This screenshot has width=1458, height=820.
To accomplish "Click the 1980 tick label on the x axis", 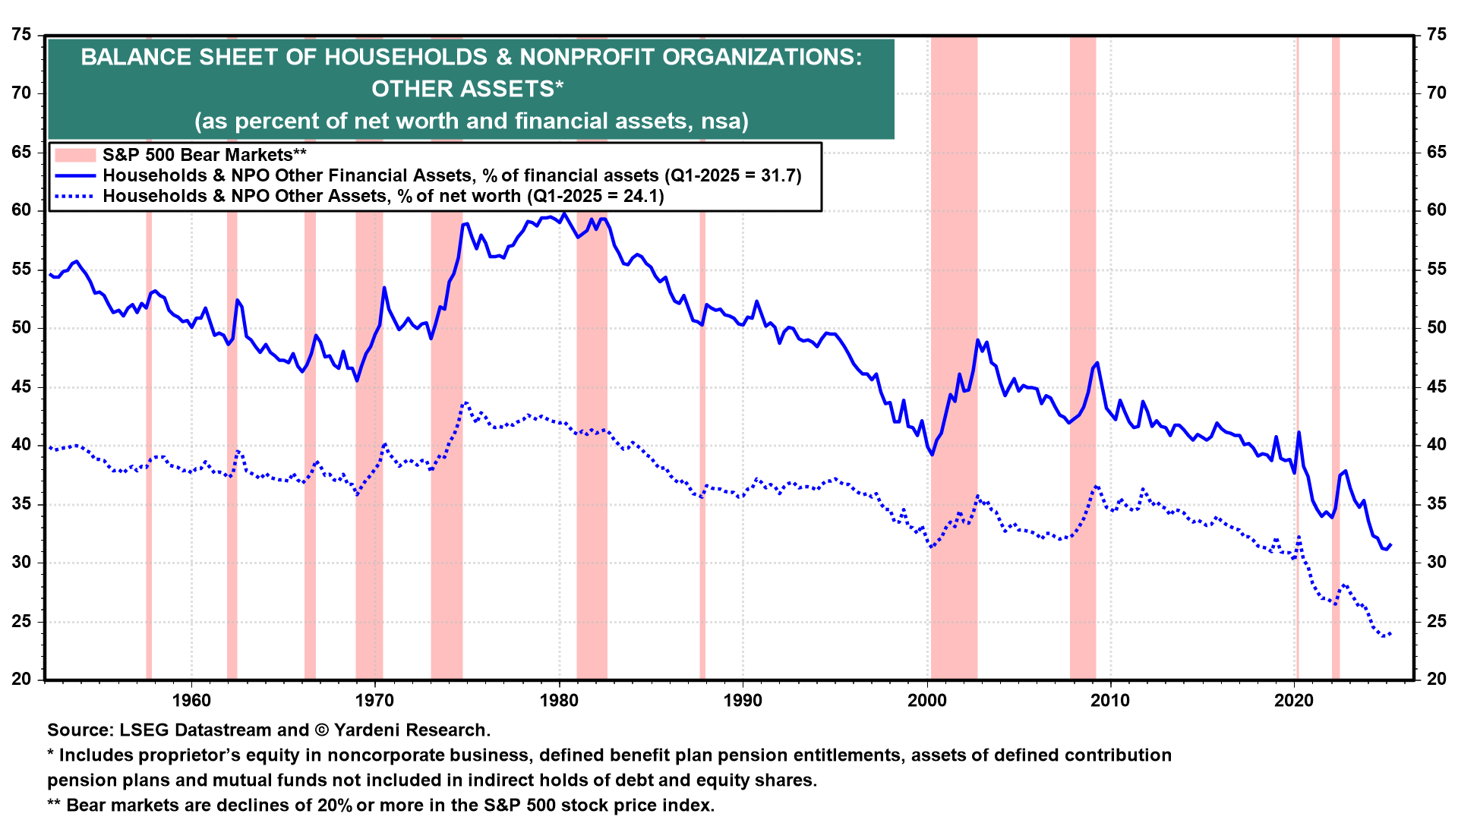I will [560, 700].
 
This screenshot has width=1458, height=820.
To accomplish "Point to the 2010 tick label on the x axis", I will [1111, 700].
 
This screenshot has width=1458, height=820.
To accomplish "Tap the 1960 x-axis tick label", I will [191, 700].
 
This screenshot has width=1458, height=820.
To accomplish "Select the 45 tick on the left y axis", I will [22, 386].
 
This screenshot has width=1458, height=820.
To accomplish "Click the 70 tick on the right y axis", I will [1436, 93].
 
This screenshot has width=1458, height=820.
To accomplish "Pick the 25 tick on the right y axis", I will [1436, 621].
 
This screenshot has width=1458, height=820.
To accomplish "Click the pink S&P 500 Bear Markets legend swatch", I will [75, 155].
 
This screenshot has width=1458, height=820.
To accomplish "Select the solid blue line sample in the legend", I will [75, 175].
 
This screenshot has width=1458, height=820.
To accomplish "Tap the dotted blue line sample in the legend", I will [75, 196].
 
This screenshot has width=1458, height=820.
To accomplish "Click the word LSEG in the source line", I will [145, 730].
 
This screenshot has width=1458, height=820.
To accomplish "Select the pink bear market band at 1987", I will [702, 440].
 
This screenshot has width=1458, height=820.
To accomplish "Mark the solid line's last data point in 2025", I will [1390, 544].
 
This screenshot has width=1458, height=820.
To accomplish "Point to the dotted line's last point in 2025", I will [1390, 632].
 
